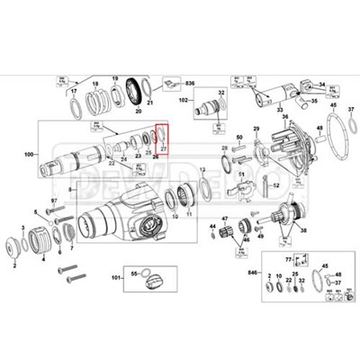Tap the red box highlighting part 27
(162, 144)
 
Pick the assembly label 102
(183, 102)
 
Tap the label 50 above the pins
(240, 137)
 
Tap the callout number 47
(226, 219)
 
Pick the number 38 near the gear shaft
(303, 231)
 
